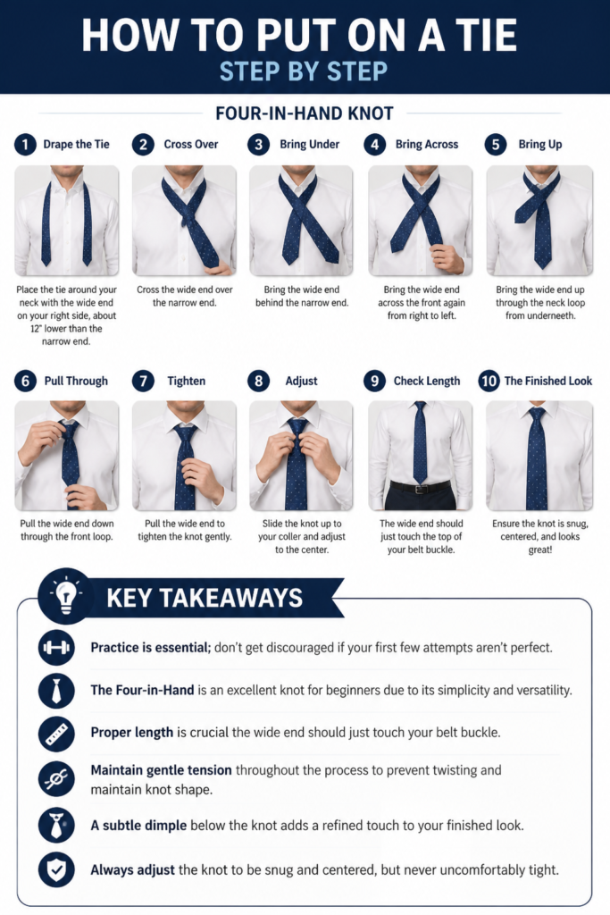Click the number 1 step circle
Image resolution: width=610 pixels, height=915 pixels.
coord(25,144)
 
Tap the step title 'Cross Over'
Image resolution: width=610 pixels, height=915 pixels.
coord(191,144)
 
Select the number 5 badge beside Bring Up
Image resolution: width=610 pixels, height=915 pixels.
coord(495,144)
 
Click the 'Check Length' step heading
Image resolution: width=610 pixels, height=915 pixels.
coord(426,381)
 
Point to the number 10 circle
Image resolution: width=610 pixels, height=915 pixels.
coord(489,381)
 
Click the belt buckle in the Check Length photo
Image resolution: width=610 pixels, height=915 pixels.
coord(420,489)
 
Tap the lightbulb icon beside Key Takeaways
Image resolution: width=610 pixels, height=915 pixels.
coord(65,596)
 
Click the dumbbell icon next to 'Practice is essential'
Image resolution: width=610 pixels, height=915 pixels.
coord(56,647)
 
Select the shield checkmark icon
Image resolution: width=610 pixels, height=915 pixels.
coord(56,869)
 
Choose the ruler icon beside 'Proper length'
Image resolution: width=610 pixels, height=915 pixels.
coord(56,733)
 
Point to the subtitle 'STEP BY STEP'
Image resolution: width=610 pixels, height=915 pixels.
coord(304,71)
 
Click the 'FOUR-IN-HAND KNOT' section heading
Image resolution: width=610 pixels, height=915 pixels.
coord(305,113)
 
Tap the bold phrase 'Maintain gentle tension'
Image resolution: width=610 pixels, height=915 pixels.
coord(161,770)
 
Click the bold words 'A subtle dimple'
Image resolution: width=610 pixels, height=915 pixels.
coord(138,825)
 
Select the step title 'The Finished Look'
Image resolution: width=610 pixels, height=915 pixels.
coord(547,381)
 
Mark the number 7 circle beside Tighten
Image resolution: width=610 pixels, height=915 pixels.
coord(143,381)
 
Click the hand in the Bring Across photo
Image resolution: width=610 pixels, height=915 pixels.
coord(447,258)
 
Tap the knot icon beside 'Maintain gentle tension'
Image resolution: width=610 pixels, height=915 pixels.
coord(56,778)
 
